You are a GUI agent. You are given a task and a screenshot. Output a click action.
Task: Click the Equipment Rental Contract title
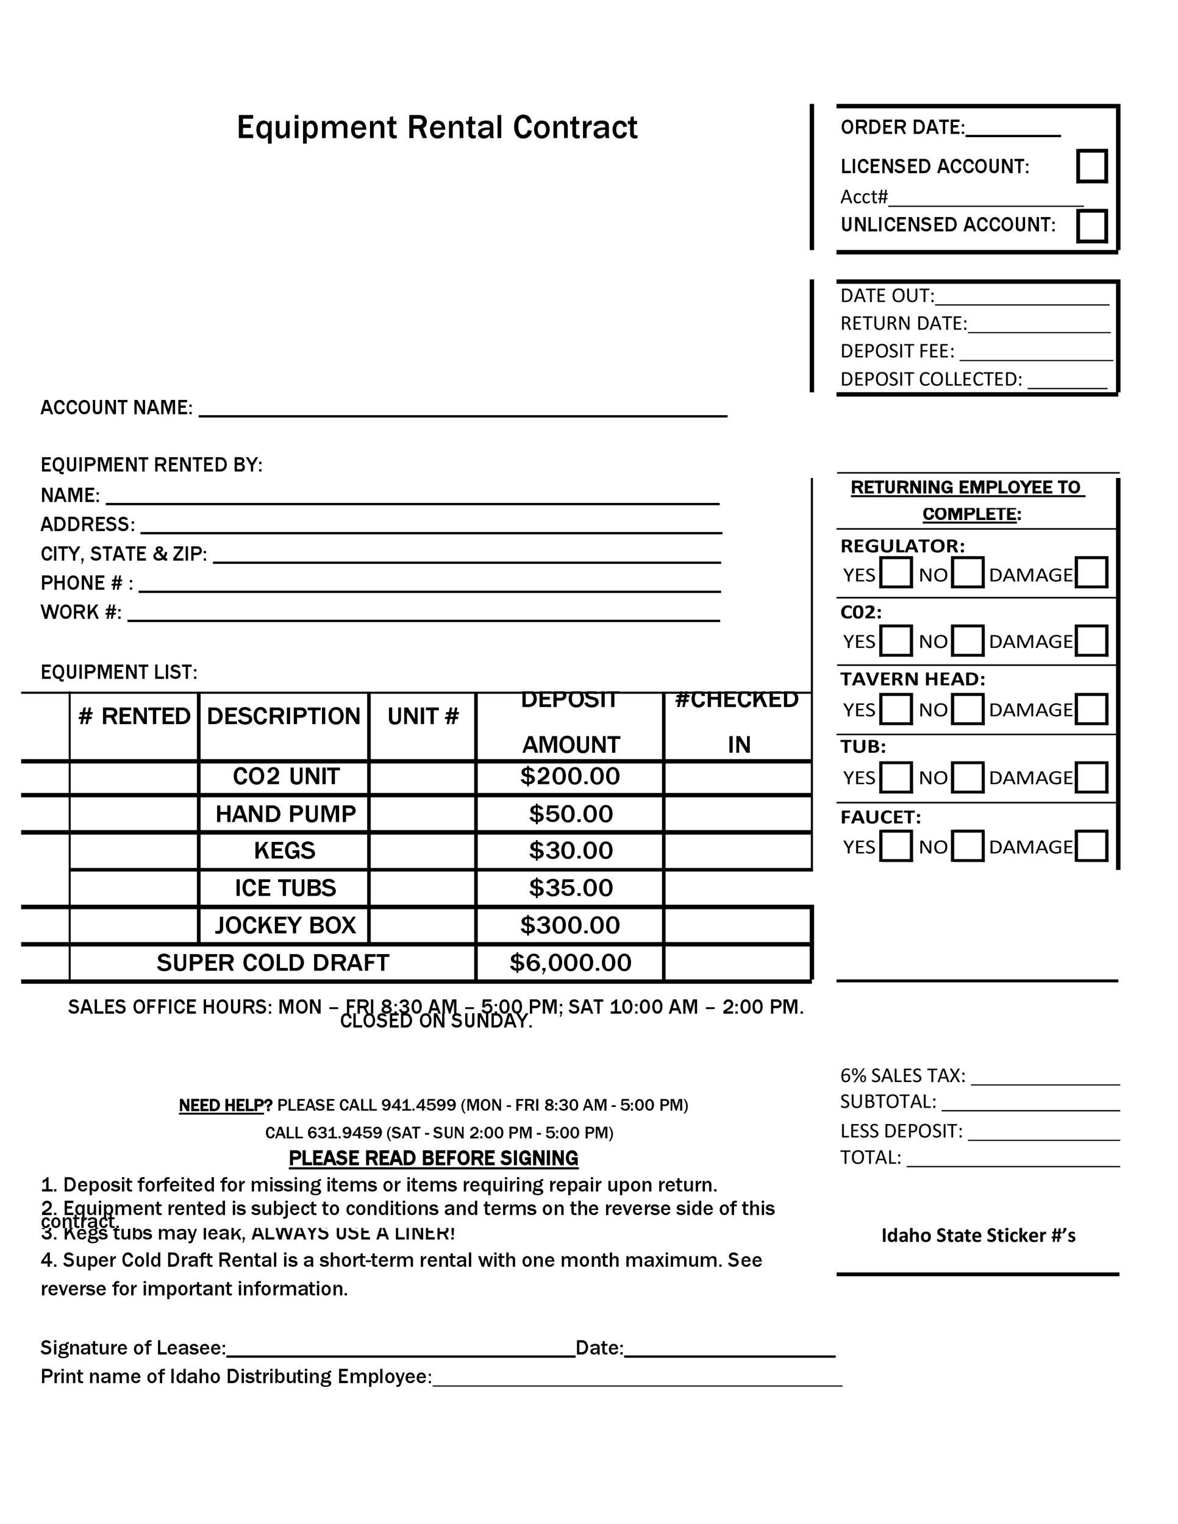coord(437,127)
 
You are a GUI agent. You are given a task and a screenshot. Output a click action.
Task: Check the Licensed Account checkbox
coord(1091,166)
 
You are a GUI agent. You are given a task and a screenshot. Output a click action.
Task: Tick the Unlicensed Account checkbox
coord(1091,226)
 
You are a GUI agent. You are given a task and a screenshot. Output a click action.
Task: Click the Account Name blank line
coord(463,410)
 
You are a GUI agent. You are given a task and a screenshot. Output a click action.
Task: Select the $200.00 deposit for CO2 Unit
coord(569,777)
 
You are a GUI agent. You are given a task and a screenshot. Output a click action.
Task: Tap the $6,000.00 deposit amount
coord(569,963)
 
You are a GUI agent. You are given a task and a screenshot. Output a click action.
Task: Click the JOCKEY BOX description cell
coord(285,925)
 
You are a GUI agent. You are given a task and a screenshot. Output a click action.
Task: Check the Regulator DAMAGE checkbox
coord(1091,572)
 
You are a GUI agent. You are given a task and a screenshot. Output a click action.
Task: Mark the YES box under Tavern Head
coord(895,709)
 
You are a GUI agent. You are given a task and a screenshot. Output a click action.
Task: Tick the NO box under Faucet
coord(967,846)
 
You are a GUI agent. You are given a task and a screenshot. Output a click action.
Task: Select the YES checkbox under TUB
coord(895,777)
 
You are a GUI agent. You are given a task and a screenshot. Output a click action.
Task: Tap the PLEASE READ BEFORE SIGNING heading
coord(434,1158)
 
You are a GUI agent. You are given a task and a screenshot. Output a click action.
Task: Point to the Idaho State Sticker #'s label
coord(978,1236)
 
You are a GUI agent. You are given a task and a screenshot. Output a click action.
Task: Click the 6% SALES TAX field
coord(1044,1077)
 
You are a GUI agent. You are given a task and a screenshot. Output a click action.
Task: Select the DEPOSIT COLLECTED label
coord(930,379)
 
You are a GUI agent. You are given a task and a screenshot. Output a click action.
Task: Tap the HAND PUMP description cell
coord(285,814)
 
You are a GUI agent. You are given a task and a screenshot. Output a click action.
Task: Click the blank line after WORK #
coord(423,614)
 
